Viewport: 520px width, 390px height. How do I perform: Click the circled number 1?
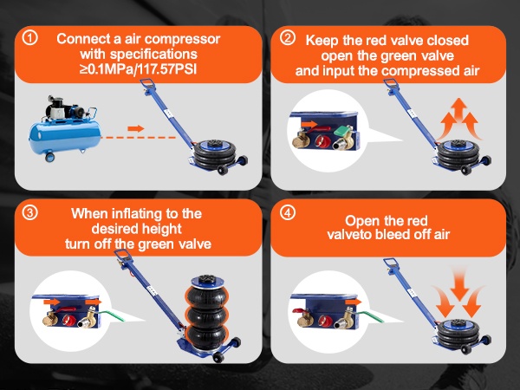[29, 38]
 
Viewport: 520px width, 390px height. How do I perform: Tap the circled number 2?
[287, 38]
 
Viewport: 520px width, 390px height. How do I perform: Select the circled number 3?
[29, 212]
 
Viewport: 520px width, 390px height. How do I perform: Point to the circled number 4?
[287, 212]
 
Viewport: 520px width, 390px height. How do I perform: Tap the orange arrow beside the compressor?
[136, 128]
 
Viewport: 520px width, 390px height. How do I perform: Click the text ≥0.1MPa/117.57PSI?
[138, 69]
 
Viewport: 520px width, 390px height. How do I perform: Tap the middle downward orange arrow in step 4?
[459, 284]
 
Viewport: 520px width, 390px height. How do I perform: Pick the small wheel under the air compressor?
[49, 157]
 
